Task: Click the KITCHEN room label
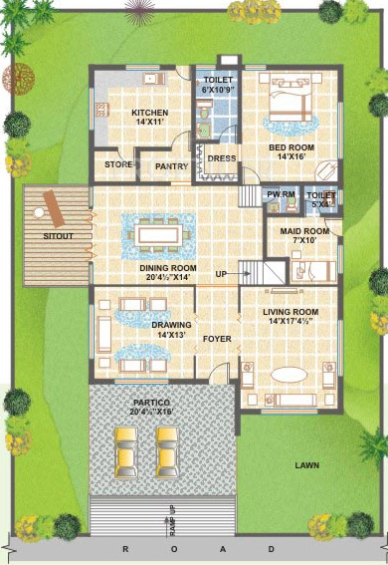pyautogui.click(x=148, y=113)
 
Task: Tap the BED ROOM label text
pyautogui.click(x=291, y=145)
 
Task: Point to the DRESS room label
pyautogui.click(x=221, y=157)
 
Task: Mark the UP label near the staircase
pyautogui.click(x=221, y=273)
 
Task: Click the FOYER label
pyautogui.click(x=217, y=339)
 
